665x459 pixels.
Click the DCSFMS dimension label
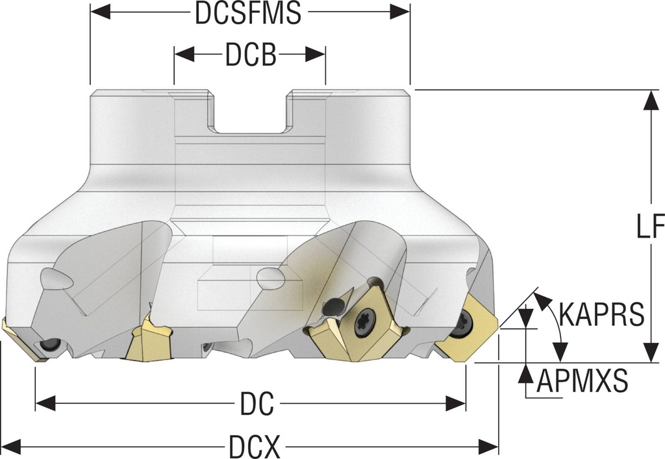tap(248, 13)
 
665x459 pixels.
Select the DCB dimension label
tap(251, 55)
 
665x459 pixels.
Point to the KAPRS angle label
tap(602, 314)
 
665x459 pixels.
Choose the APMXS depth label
tap(582, 380)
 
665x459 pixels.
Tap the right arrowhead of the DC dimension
tap(456, 403)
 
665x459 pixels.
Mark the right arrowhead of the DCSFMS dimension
tap(400, 12)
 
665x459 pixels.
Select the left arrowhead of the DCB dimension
tap(184, 55)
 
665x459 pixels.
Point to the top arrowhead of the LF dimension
tap(650, 100)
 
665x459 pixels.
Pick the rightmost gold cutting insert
tap(466, 329)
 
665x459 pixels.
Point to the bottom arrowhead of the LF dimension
tap(650, 353)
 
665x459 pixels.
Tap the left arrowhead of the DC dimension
tap(45, 403)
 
